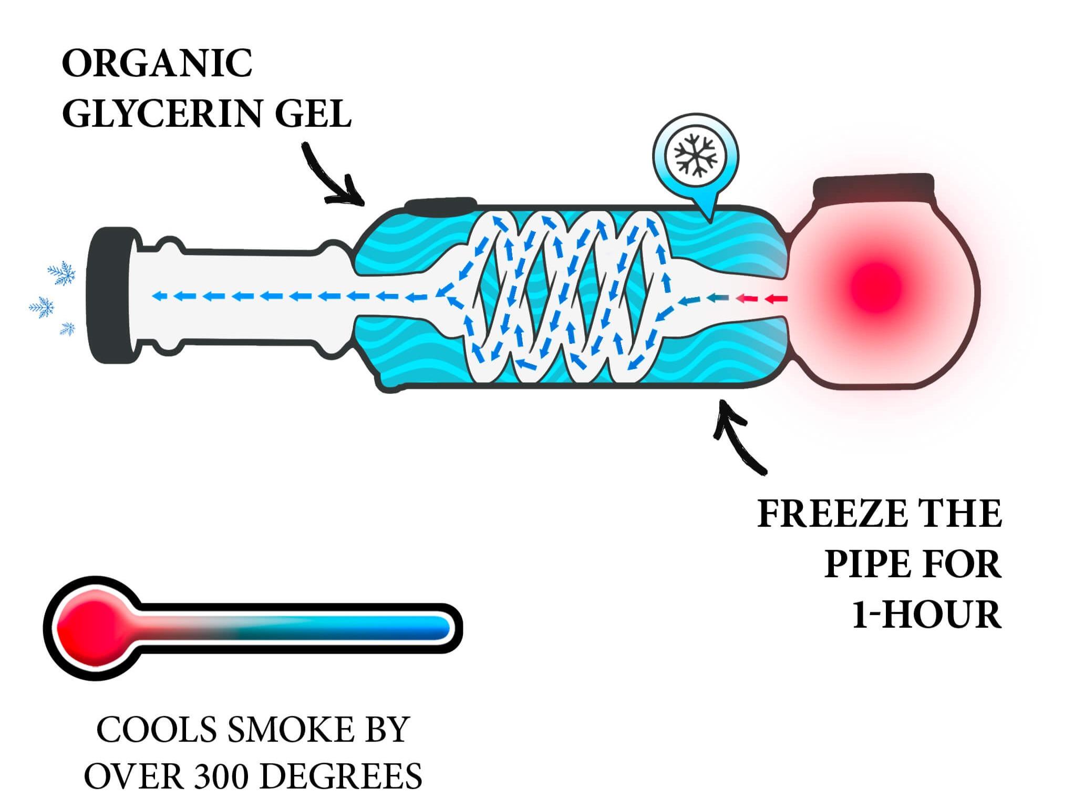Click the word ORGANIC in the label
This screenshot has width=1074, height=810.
point(157,64)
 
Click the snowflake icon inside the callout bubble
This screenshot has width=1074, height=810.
point(696,152)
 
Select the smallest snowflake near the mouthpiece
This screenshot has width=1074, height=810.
point(68,330)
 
